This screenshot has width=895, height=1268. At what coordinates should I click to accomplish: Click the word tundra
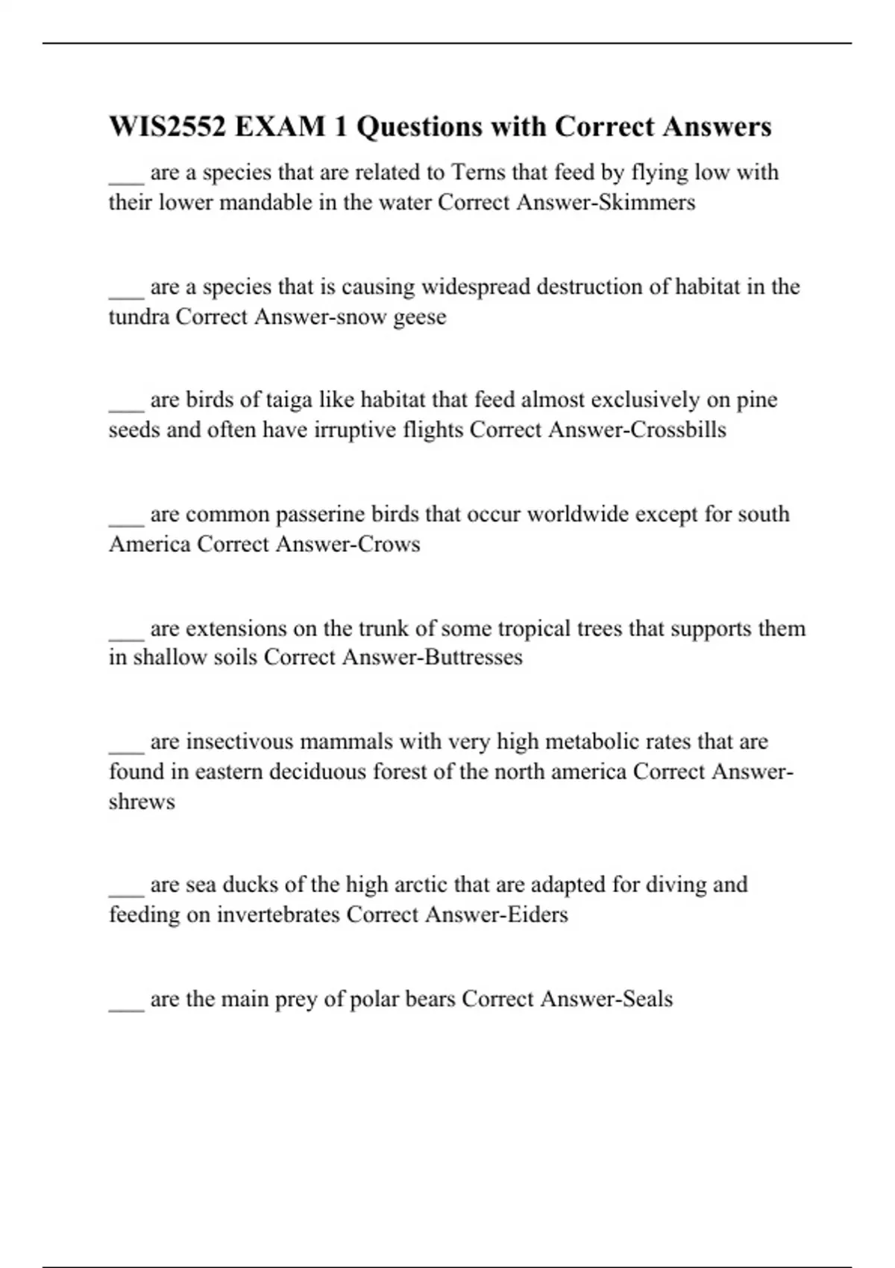(139, 317)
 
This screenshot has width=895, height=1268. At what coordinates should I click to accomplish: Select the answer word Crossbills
(678, 430)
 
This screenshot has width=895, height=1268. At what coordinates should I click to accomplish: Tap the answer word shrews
(142, 801)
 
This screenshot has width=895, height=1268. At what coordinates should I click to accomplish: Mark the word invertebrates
(278, 914)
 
